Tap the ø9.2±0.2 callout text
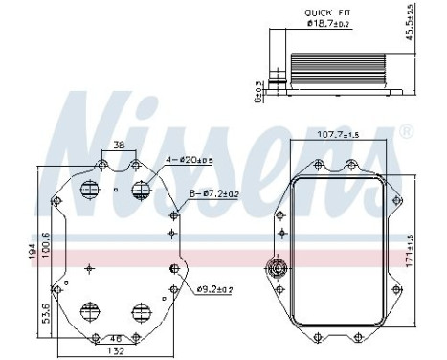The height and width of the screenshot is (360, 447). (216, 288)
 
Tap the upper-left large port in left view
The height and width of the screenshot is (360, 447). (92, 189)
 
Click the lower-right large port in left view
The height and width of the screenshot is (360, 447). (143, 311)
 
